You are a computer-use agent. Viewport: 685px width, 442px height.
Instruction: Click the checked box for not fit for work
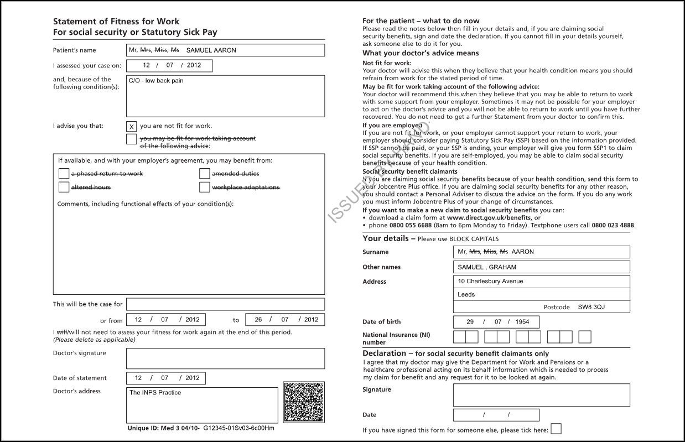tap(131, 127)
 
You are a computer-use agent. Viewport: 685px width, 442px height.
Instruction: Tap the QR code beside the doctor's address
tap(304, 402)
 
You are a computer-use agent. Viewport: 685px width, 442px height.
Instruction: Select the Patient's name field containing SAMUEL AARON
tap(225, 50)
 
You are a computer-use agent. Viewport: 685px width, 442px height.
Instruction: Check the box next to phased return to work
tap(64, 174)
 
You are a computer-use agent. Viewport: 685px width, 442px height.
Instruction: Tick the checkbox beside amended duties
tap(205, 174)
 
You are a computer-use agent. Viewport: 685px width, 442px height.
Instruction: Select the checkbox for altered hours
tap(64, 187)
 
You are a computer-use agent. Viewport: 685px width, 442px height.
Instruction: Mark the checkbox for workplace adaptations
tap(205, 187)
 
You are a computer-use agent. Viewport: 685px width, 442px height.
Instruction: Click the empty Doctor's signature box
tap(225, 358)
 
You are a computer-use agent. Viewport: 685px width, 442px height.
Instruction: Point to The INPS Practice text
tap(155, 393)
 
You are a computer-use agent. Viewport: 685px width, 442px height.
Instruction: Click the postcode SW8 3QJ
tap(591, 307)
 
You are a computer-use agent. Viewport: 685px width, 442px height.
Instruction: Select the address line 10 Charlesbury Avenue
tap(490, 282)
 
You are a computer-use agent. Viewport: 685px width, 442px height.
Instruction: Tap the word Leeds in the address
tap(466, 295)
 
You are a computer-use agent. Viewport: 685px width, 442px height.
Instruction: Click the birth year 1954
tap(522, 322)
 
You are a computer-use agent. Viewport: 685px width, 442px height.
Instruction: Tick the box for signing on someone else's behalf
tap(556, 429)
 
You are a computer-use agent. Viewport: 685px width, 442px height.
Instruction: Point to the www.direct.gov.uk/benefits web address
tap(481, 218)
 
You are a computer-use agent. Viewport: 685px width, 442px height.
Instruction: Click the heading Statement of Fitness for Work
tap(116, 22)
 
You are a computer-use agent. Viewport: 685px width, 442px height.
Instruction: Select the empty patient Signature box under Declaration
tap(541, 395)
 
